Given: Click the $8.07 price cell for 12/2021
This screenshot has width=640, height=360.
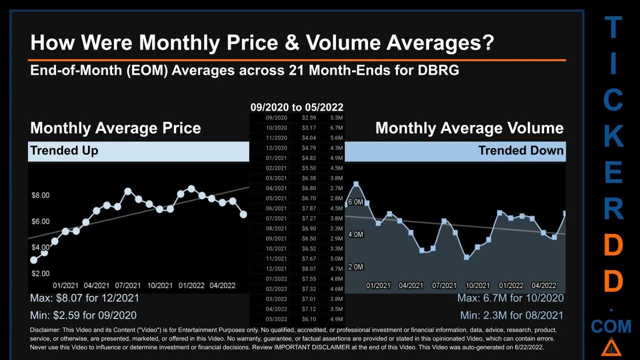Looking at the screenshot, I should [x=308, y=268].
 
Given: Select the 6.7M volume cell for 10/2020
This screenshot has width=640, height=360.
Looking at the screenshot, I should [x=336, y=127].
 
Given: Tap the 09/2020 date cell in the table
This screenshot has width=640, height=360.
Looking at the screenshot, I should [x=276, y=117].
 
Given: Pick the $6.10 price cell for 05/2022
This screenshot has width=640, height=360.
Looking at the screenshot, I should [x=308, y=319].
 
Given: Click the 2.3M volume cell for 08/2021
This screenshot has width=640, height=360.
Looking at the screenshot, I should [x=336, y=228].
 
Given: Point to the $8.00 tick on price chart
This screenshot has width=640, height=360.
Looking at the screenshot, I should [x=40, y=195].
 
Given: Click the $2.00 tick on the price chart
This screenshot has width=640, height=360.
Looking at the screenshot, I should [x=40, y=273].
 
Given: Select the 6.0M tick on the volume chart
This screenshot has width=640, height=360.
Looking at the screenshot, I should [x=355, y=202].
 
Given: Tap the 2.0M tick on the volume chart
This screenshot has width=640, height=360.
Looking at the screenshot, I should [x=355, y=267].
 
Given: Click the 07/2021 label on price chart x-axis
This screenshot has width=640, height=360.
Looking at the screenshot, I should [x=128, y=285].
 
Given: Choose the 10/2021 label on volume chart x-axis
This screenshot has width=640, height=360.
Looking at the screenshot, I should [x=477, y=285].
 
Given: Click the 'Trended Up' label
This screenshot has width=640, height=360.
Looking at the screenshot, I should [x=64, y=150].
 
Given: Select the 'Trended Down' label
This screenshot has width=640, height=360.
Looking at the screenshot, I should [x=520, y=150].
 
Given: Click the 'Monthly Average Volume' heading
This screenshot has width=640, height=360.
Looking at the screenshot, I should [x=469, y=128].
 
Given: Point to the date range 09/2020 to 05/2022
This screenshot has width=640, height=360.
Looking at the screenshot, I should [x=296, y=107].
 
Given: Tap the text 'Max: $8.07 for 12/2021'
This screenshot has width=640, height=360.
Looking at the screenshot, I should [x=84, y=298].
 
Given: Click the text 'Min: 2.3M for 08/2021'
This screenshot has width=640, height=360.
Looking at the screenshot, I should [x=511, y=315].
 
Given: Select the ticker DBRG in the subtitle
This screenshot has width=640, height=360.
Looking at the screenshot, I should [x=438, y=70].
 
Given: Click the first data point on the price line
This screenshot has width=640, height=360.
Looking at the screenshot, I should [x=34, y=260].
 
